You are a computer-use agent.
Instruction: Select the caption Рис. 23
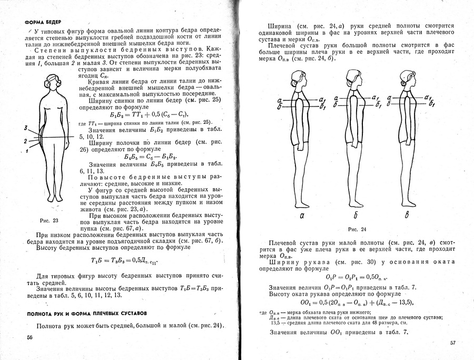(48, 220)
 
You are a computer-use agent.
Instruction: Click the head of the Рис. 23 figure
(54, 82)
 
